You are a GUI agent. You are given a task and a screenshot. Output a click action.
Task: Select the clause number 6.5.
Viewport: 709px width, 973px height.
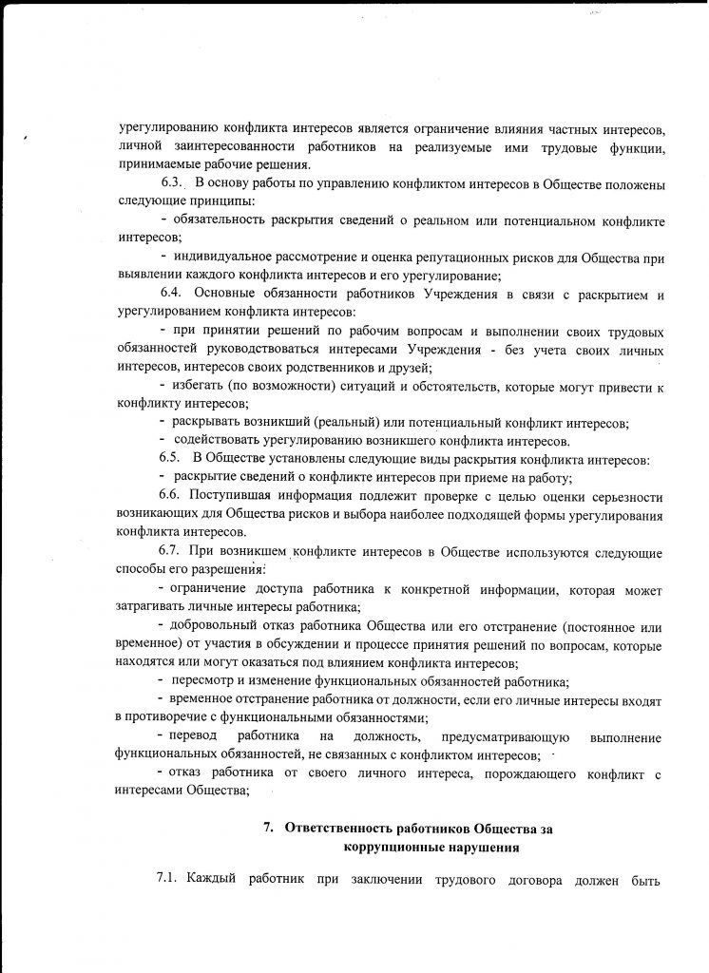pyautogui.click(x=170, y=458)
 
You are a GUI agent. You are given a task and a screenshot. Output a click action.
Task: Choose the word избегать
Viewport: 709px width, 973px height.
pyautogui.click(x=199, y=384)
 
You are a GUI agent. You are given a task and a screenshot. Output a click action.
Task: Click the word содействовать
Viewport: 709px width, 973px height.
pyautogui.click(x=214, y=440)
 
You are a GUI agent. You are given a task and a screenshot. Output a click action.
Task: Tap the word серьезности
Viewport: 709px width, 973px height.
pyautogui.click(x=622, y=496)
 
